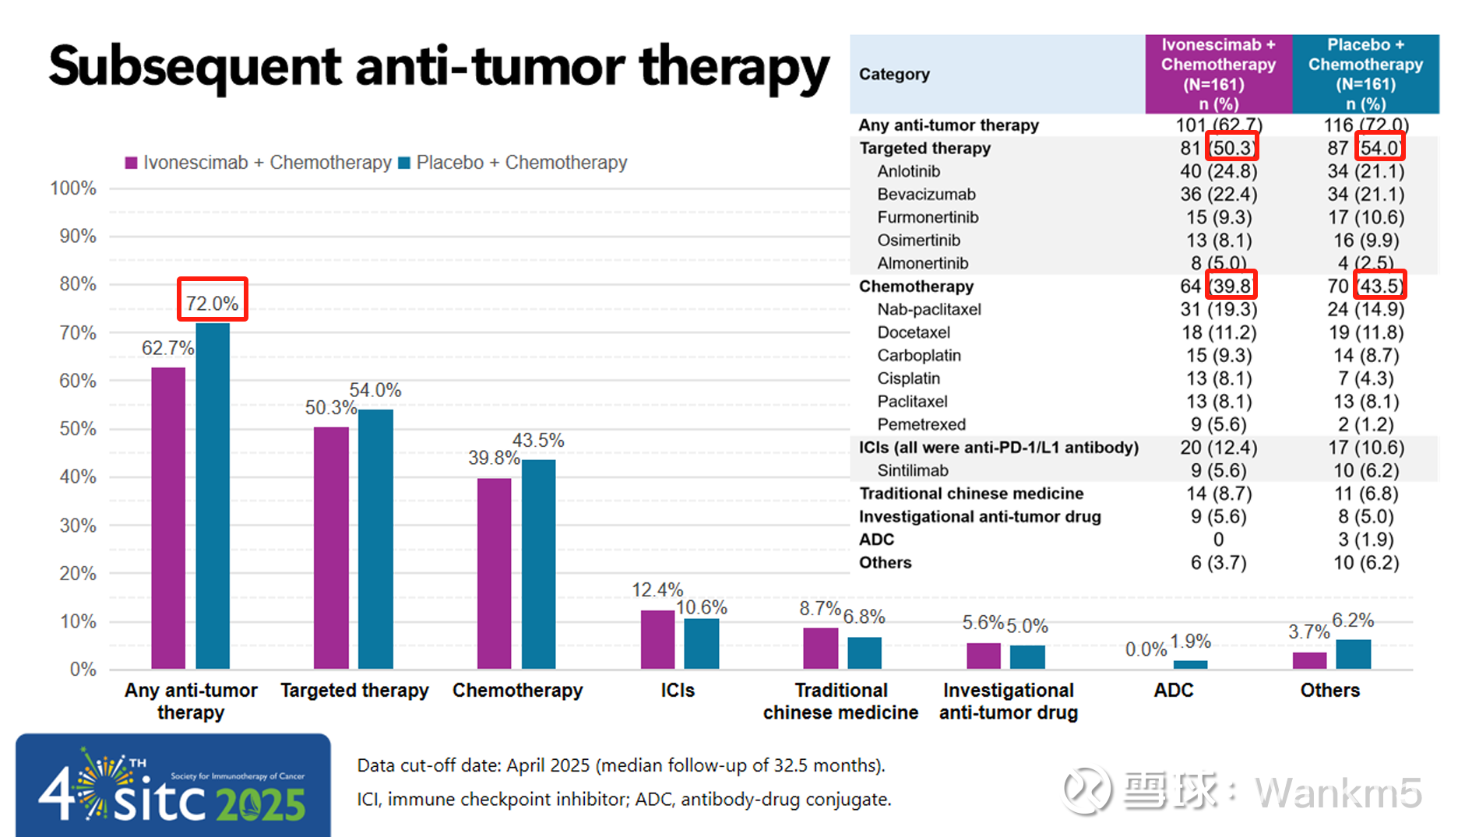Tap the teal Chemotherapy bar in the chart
click(x=538, y=564)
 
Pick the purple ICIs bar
click(x=657, y=639)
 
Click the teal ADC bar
click(x=1190, y=664)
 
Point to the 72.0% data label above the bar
click(x=212, y=304)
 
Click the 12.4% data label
click(x=657, y=589)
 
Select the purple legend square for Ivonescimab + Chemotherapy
click(x=131, y=163)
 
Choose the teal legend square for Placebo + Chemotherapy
click(x=404, y=163)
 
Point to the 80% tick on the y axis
click(x=78, y=284)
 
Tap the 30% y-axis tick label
click(x=78, y=526)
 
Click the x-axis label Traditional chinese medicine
click(x=840, y=701)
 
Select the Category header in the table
click(x=894, y=74)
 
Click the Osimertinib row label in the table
click(x=918, y=241)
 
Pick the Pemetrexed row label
click(x=921, y=424)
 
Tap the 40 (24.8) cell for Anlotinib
click(x=1218, y=171)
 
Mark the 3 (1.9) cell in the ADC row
click(x=1365, y=540)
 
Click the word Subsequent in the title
click(x=195, y=69)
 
